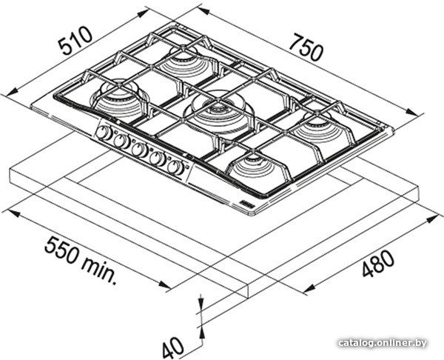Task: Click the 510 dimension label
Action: point(75,41)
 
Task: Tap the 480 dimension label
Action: point(378,264)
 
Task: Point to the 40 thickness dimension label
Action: point(172,347)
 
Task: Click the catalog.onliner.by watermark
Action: point(383,343)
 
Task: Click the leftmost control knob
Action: point(104,133)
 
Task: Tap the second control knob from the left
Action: point(122,141)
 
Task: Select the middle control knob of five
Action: point(140,150)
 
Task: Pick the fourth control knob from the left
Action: point(158,159)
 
